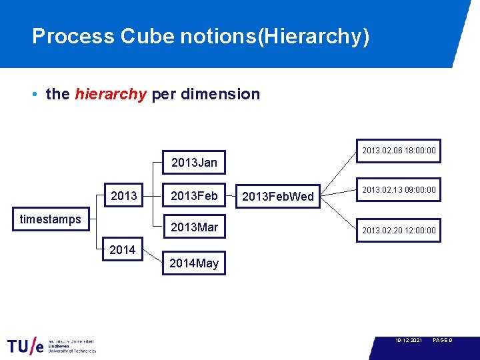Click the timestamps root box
coord(51,219)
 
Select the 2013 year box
coord(123,196)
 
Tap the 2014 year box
coord(122,250)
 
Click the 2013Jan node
coord(194,162)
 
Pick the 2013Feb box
coord(194,196)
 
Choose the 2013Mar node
coord(194,227)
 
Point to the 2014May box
coord(194,263)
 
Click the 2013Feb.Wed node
coord(278,197)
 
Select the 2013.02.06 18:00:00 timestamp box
coord(399,151)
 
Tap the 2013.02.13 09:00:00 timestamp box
coord(399,190)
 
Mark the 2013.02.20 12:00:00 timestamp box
coord(399,231)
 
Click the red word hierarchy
coord(111,94)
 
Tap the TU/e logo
coord(27,346)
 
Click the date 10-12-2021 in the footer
coord(408,341)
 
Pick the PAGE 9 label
coord(443,341)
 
